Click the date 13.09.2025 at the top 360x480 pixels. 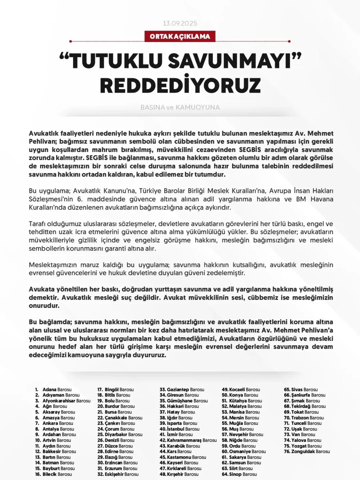tap(180, 23)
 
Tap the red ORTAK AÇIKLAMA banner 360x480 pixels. tap(180, 36)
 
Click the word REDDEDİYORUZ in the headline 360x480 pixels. tap(180, 85)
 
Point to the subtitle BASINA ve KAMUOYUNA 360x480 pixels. tap(180, 107)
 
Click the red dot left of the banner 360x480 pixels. tap(71, 41)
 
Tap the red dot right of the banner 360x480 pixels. tap(289, 41)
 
